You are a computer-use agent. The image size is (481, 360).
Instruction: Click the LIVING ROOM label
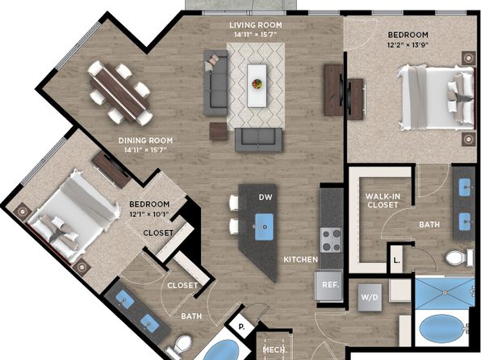coord(256,25)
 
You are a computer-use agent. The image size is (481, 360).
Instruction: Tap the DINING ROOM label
coord(146,140)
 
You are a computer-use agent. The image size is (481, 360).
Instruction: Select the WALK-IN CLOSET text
coord(383,200)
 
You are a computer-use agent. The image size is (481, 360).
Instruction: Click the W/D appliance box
coord(370,297)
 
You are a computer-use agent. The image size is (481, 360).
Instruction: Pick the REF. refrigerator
coord(329,285)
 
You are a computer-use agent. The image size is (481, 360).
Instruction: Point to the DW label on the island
coord(266,197)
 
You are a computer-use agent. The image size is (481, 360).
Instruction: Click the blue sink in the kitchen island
coord(264,227)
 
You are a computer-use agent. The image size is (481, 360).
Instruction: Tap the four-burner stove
coord(331,240)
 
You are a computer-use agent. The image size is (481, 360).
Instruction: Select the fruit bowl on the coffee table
coord(257,83)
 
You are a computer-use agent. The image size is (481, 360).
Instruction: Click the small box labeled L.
coord(396,259)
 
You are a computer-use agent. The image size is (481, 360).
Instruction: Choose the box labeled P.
coord(241,327)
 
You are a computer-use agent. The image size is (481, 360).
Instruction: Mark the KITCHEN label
coord(300,260)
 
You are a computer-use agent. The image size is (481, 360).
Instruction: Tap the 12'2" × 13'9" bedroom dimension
coord(408,45)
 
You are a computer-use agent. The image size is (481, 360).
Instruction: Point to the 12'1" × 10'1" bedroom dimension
coord(149,214)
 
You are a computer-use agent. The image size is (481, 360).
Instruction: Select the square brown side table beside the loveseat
coord(219,132)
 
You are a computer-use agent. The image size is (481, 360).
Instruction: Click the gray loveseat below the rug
coord(258,140)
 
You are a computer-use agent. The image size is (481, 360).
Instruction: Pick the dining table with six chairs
coord(120,93)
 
